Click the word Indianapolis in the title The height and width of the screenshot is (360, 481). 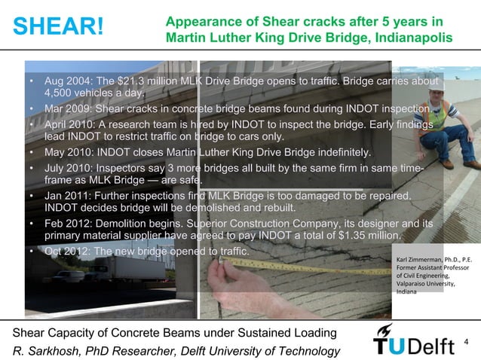pos(414,37)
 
